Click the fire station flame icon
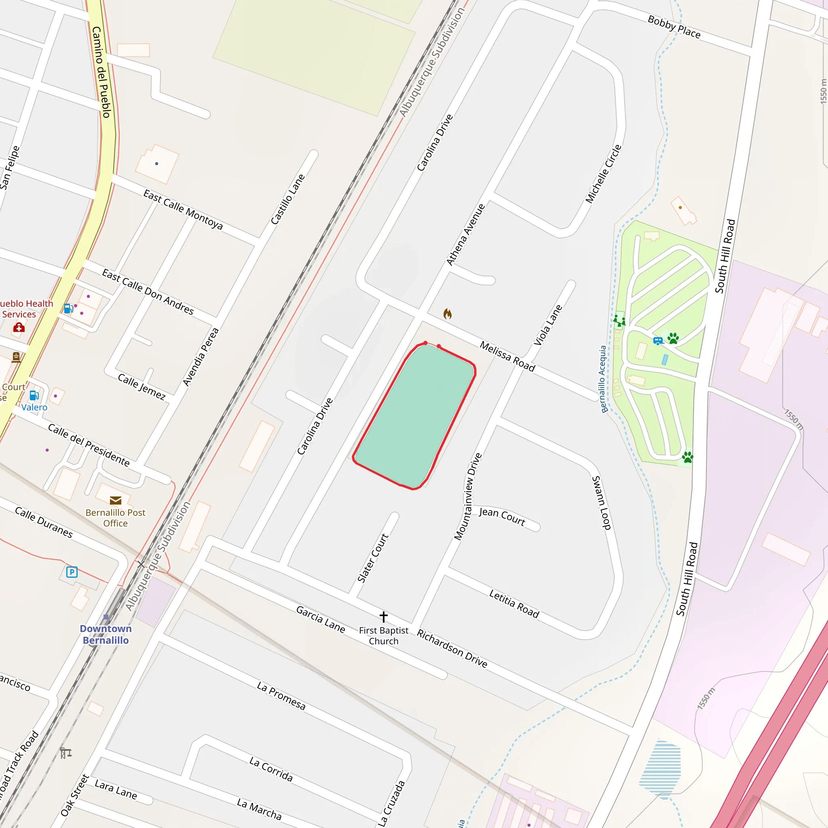pyautogui.click(x=448, y=314)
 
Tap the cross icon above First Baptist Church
pyautogui.click(x=384, y=617)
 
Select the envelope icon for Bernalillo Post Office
pyautogui.click(x=115, y=500)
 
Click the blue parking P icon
pyautogui.click(x=72, y=572)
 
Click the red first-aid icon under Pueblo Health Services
pyautogui.click(x=19, y=328)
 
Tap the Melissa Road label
pyautogui.click(x=507, y=357)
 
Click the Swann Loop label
pyautogui.click(x=601, y=503)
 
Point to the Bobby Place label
pyautogui.click(x=674, y=27)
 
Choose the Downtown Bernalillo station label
pyautogui.click(x=106, y=634)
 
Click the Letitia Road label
pyautogui.click(x=514, y=604)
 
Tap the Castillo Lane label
pyautogui.click(x=287, y=199)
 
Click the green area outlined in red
pyautogui.click(x=414, y=416)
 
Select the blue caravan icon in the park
pyautogui.click(x=658, y=341)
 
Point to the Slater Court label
pyautogui.click(x=372, y=558)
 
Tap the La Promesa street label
pyautogui.click(x=281, y=695)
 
